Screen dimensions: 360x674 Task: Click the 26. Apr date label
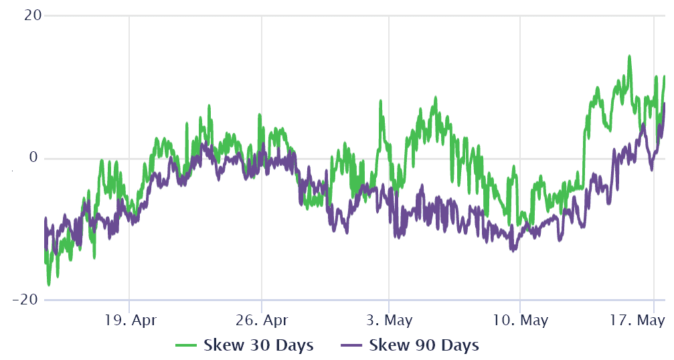[261, 319]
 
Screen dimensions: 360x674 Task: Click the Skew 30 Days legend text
[258, 345]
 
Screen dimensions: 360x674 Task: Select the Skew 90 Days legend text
[424, 345]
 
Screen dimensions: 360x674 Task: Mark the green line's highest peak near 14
[629, 57]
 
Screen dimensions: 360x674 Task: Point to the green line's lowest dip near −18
[49, 284]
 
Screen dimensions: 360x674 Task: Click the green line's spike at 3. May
[381, 102]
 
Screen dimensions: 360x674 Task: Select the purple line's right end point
[665, 103]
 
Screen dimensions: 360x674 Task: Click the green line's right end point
[665, 77]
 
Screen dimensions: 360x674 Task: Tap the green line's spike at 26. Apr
[259, 115]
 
